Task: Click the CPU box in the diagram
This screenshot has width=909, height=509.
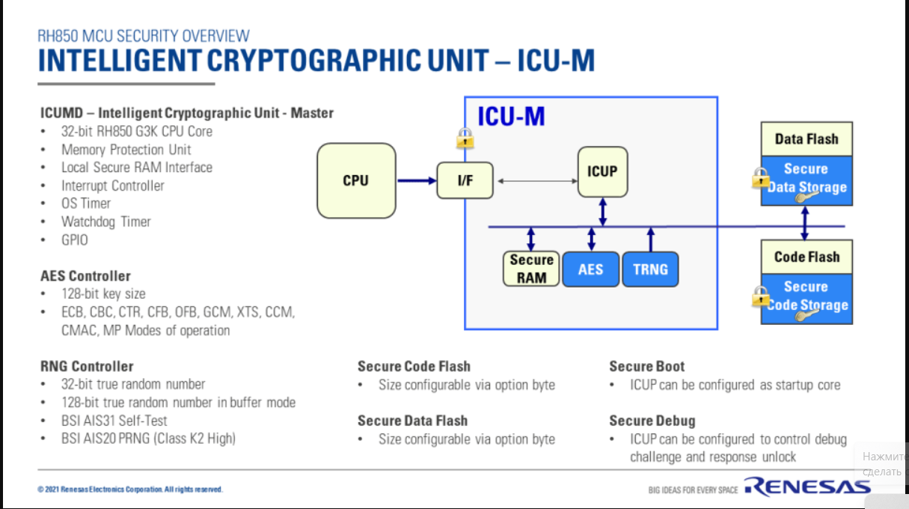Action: (x=355, y=180)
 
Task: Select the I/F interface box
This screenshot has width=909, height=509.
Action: (x=465, y=180)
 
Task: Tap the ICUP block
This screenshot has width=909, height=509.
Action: (x=602, y=171)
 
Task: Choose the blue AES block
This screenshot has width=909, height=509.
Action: (x=590, y=269)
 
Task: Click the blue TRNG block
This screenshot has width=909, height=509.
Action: (x=650, y=269)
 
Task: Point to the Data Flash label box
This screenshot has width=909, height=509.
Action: (x=807, y=139)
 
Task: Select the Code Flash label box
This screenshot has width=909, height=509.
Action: (x=807, y=257)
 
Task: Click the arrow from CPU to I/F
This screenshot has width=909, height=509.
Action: (x=416, y=180)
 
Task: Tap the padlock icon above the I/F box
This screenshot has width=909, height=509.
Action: (x=465, y=138)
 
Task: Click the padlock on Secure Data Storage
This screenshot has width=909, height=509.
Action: (x=761, y=178)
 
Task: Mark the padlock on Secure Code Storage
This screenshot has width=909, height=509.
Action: (x=761, y=296)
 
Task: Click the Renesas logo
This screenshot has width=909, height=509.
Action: (x=807, y=487)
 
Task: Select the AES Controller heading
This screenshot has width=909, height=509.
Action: (x=85, y=276)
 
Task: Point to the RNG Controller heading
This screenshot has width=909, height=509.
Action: (x=87, y=366)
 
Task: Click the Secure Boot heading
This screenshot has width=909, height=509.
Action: (x=646, y=366)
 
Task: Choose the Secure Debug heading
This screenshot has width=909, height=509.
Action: (x=652, y=421)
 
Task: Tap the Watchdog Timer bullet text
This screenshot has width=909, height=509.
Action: (x=105, y=222)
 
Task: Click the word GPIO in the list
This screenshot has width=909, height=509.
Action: (x=74, y=240)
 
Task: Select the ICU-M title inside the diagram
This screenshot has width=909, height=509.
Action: (x=511, y=117)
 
